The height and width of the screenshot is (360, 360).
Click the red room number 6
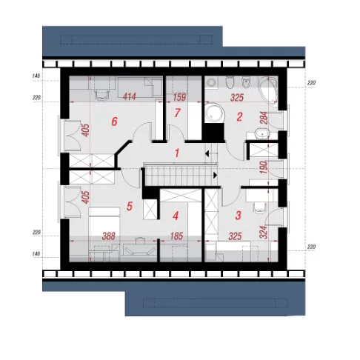114,121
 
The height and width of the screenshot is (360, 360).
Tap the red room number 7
177,113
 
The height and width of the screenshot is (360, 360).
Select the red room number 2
239,117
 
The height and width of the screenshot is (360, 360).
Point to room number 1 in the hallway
177,153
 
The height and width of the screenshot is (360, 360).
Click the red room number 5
130,206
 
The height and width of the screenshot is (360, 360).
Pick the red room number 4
176,216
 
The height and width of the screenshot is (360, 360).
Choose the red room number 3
238,216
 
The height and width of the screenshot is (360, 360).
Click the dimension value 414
129,96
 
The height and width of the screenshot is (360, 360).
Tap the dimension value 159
179,97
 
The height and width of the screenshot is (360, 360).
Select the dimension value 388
109,236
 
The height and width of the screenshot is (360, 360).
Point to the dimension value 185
176,236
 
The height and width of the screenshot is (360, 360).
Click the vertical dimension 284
264,118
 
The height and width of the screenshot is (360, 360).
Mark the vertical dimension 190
264,167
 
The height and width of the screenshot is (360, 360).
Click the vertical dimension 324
264,233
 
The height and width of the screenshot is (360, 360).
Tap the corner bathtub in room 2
268,90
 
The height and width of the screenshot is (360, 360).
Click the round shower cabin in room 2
215,114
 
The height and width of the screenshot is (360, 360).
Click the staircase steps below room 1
179,176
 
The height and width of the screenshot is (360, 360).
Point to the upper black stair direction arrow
207,154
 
